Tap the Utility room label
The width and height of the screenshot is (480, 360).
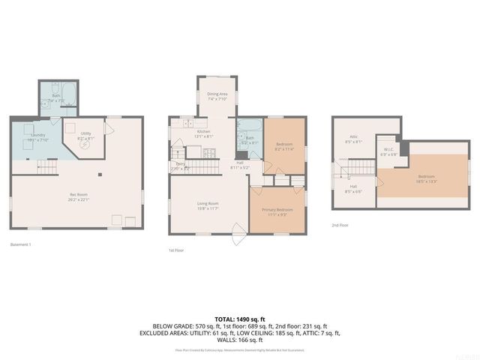[85, 136]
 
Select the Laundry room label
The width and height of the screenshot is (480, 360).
[37, 137]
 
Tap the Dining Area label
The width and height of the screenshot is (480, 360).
[217, 95]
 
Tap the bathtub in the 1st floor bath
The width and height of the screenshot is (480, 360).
[248, 126]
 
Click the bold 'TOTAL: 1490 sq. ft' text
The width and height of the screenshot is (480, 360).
[239, 319]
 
